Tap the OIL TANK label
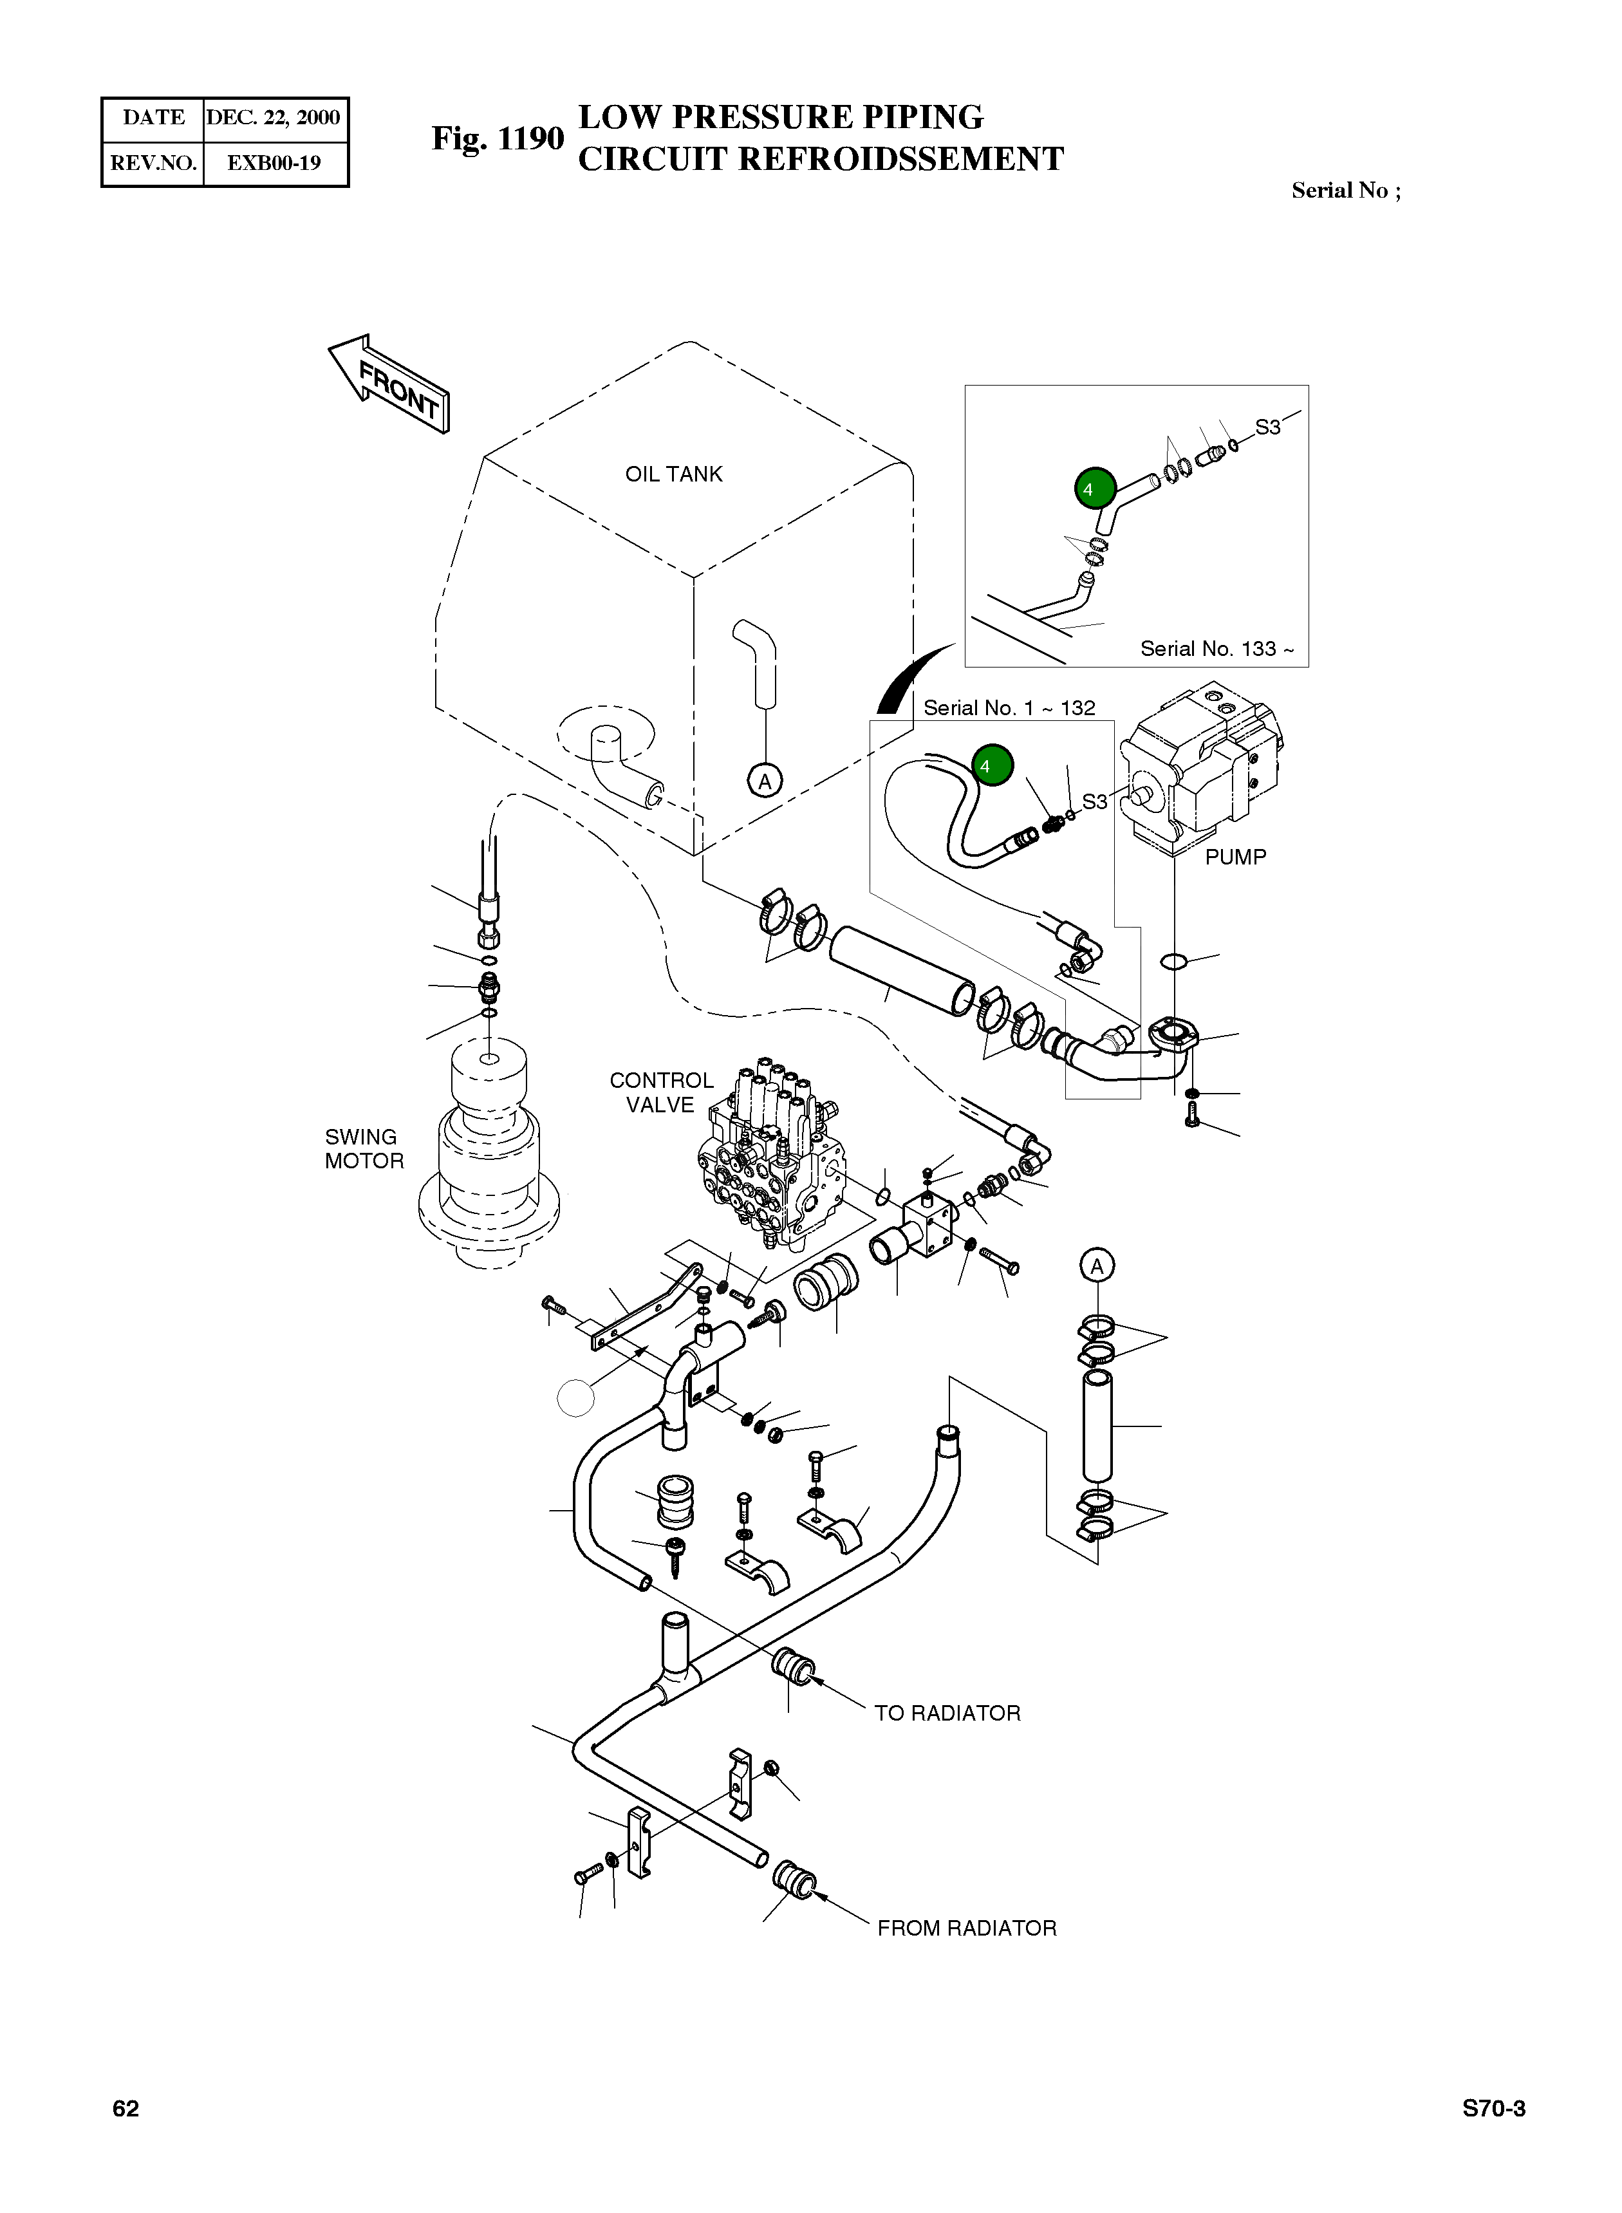[x=673, y=474]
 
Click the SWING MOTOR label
[x=364, y=1149]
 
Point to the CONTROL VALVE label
[x=661, y=1092]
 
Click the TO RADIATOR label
[x=947, y=1713]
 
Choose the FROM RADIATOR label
[x=966, y=1928]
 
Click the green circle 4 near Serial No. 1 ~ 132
[x=992, y=765]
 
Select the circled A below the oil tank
[x=765, y=781]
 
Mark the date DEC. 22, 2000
[x=273, y=118]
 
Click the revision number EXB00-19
[x=274, y=163]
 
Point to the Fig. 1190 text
[x=498, y=138]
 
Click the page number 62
[x=126, y=2109]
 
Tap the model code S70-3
[x=1493, y=2109]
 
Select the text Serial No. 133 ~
[x=1216, y=649]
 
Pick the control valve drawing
[x=770, y=1159]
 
